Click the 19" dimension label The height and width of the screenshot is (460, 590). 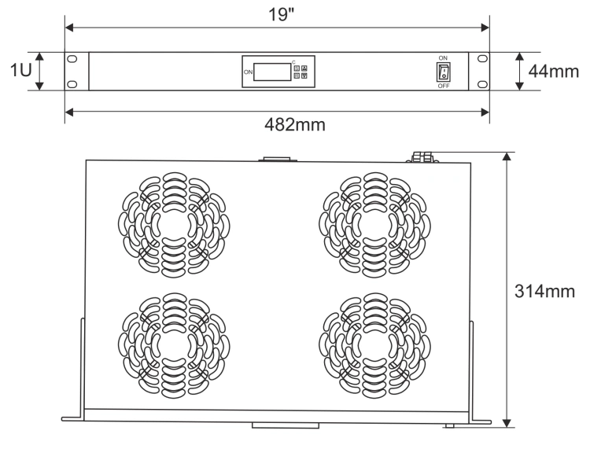tap(281, 15)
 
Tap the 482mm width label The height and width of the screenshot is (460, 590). tap(295, 124)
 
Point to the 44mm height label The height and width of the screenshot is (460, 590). tap(553, 71)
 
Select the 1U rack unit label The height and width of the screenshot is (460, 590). tap(21, 70)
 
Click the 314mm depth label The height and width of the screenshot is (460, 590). tap(544, 292)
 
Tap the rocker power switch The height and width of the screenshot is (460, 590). tap(444, 72)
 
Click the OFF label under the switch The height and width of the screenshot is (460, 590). tap(444, 86)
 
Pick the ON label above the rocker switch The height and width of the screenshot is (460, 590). tap(443, 58)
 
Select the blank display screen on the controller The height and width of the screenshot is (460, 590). tap(272, 72)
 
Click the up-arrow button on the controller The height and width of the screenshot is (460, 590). tap(304, 68)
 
